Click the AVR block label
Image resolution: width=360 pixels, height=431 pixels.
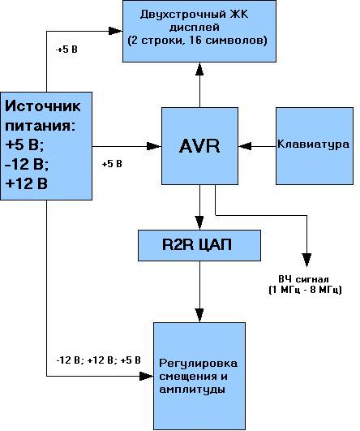point(199,145)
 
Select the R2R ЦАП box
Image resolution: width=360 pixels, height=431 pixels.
point(199,245)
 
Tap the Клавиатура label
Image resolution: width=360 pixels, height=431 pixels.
point(313,144)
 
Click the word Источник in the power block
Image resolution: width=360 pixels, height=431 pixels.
point(43,106)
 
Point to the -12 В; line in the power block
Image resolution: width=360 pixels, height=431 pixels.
point(27,164)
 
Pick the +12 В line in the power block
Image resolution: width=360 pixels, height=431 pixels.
point(27,183)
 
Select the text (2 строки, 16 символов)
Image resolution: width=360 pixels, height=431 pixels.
point(198,41)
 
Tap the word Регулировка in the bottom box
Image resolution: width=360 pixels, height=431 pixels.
point(199,364)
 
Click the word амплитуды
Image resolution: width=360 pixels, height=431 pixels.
point(192,390)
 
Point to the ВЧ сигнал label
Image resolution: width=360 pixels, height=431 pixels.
point(303,279)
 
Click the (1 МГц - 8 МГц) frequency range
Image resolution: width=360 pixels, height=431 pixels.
point(305,290)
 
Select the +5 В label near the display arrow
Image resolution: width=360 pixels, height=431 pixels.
point(66,50)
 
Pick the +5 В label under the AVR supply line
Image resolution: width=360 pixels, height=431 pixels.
point(112,164)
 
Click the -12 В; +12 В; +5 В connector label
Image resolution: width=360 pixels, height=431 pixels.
point(98,360)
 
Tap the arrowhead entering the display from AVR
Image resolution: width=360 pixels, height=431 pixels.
point(199,69)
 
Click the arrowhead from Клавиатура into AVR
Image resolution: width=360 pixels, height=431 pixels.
point(245,146)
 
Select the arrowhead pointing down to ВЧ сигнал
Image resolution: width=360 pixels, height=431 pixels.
point(306,260)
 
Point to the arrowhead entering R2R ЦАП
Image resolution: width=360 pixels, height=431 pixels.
point(199,222)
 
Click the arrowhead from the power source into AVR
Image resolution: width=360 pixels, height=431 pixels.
point(154,146)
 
